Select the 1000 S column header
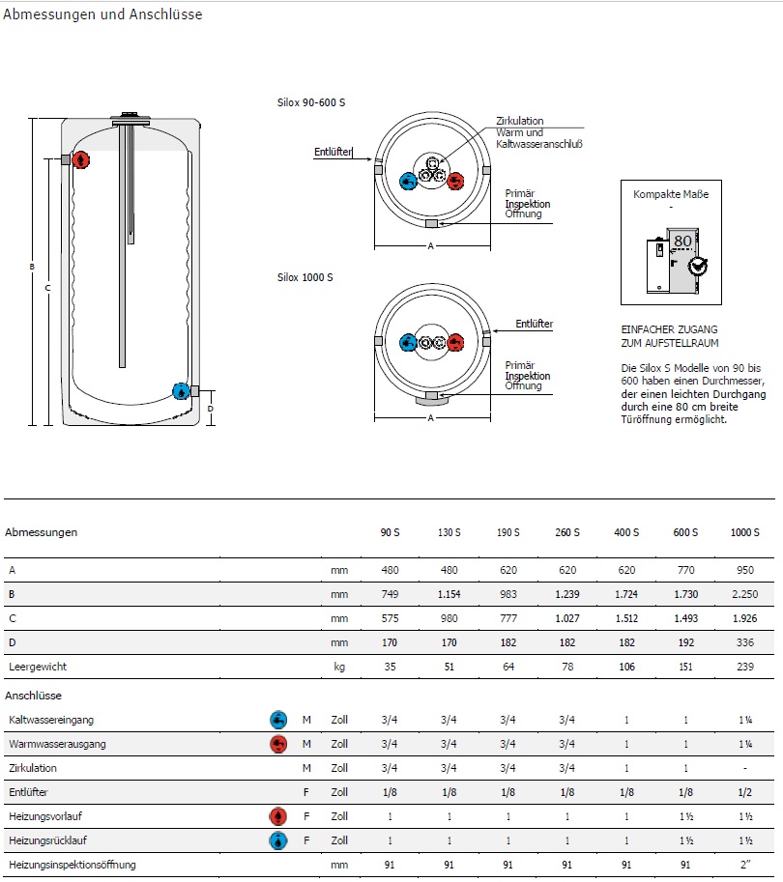[x=744, y=532]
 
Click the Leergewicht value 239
[x=744, y=667]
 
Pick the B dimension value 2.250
[x=744, y=594]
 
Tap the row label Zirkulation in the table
[x=33, y=768]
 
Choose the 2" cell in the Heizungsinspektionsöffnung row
[x=744, y=865]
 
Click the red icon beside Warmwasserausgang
[x=278, y=744]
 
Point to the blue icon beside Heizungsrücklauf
[x=278, y=840]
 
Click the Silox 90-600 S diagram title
[x=311, y=102]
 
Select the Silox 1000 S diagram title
[x=305, y=277]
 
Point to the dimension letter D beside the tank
[x=210, y=409]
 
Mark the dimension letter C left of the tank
[x=47, y=288]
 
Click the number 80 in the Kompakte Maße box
[x=682, y=241]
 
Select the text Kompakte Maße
[x=671, y=194]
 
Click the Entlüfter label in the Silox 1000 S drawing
[x=534, y=325]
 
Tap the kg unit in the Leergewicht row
[x=338, y=667]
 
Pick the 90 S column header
[x=390, y=532]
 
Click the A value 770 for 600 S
[x=685, y=570]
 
